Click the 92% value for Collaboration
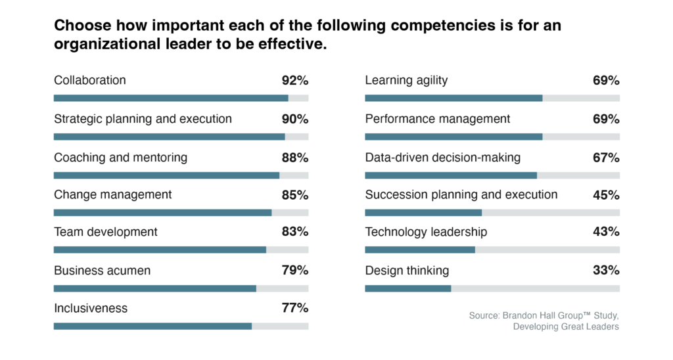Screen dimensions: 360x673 294,81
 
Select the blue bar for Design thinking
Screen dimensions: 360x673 407,288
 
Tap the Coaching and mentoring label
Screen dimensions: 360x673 120,158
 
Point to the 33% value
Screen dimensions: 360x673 606,271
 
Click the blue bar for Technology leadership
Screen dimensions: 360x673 419,250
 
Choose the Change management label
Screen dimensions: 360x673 112,194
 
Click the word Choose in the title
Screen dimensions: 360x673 76,26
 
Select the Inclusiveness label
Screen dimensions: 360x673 91,308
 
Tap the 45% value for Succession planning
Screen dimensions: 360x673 606,195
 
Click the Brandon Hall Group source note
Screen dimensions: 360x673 544,321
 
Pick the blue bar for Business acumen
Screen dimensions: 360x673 154,288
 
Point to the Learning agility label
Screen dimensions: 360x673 406,81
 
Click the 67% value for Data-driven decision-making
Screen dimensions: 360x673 606,158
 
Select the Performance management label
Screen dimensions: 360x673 437,119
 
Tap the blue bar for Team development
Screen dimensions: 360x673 160,250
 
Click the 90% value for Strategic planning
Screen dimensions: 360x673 294,120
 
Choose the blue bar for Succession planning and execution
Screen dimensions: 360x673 423,213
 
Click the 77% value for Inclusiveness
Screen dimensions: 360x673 294,308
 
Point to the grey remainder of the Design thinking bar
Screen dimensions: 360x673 535,288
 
